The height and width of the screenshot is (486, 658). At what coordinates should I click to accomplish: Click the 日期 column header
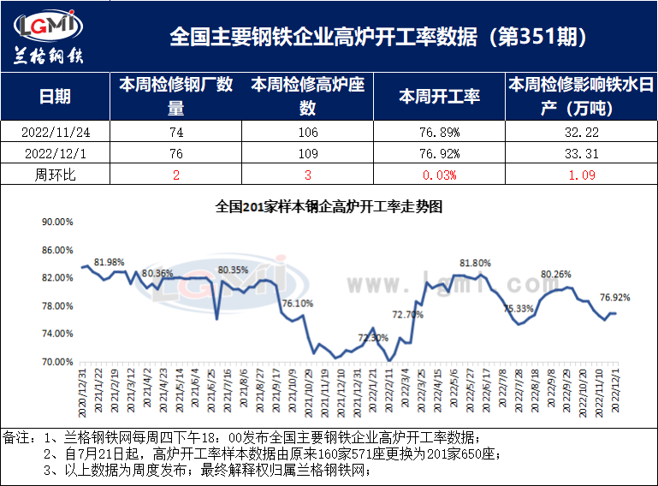(x=56, y=96)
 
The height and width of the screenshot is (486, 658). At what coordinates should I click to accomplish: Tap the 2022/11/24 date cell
(x=56, y=132)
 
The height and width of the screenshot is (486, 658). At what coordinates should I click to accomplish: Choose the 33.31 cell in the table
(x=581, y=153)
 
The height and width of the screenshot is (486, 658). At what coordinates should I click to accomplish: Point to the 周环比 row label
(x=56, y=175)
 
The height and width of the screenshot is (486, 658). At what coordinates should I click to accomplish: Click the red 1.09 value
(x=581, y=175)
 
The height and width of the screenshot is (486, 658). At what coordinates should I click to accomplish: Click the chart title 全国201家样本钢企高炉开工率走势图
(x=329, y=206)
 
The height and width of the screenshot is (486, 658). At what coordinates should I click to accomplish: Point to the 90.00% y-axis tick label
(x=57, y=222)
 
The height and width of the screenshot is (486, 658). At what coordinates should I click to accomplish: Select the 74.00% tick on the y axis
(x=57, y=334)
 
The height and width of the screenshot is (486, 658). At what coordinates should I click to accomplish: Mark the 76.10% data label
(x=298, y=303)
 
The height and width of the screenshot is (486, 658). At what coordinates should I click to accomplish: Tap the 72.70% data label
(x=407, y=315)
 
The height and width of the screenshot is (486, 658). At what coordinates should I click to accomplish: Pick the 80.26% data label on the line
(x=556, y=274)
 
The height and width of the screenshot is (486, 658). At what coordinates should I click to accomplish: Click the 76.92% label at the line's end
(x=615, y=298)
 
